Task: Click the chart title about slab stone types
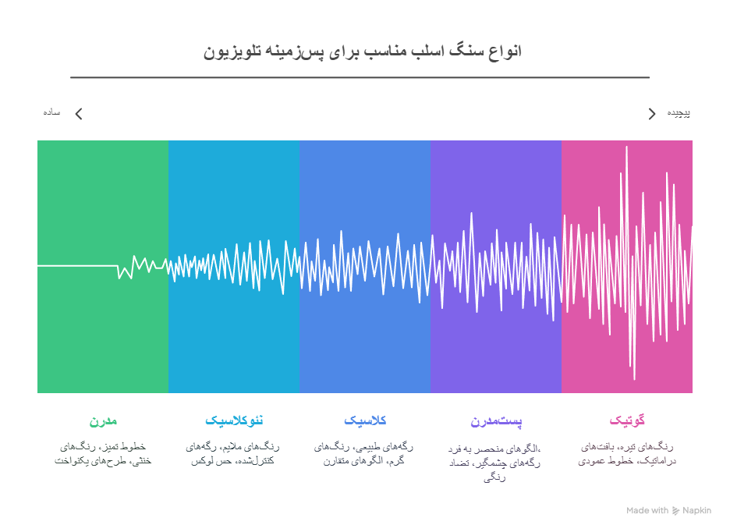point(362,51)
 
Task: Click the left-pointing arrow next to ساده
point(78,114)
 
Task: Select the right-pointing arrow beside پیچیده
point(652,114)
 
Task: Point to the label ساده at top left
point(52,112)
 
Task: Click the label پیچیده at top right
point(678,112)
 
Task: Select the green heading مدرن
point(103,420)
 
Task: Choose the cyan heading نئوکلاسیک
point(234,420)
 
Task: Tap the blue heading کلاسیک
point(365,420)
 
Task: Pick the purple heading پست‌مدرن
point(496,421)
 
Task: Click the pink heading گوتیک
point(627,420)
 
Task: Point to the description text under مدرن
point(103,453)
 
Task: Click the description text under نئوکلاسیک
point(233,453)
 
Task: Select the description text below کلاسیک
point(364,453)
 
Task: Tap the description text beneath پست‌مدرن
point(495,463)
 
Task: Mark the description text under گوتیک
point(626,453)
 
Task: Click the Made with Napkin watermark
point(668,511)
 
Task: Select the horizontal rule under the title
point(360,78)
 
